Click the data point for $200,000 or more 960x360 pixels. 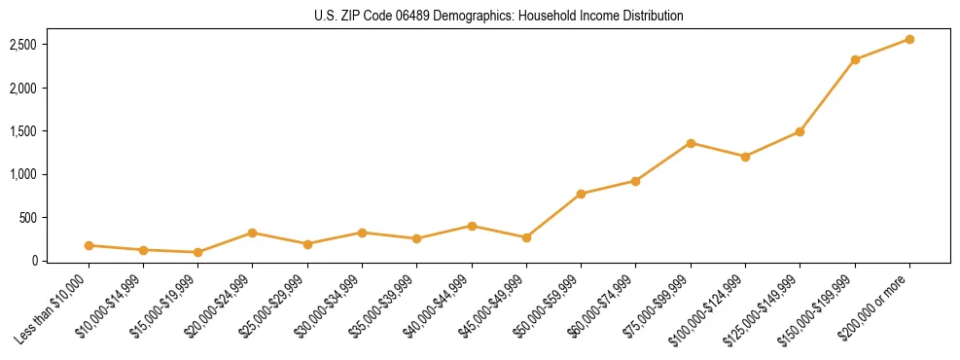pyautogui.click(x=909, y=39)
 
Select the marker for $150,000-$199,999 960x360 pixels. pyautogui.click(x=855, y=59)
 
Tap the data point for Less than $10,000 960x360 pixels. pyautogui.click(x=89, y=245)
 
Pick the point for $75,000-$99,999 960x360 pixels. pyautogui.click(x=691, y=143)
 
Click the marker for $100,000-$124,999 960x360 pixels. pyautogui.click(x=745, y=156)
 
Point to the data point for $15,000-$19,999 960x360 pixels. pyautogui.click(x=198, y=252)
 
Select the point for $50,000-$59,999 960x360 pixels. pyautogui.click(x=581, y=194)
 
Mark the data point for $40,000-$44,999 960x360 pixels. pyautogui.click(x=472, y=226)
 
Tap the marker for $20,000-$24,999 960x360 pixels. pyautogui.click(x=253, y=233)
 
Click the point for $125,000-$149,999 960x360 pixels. pyautogui.click(x=800, y=131)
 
